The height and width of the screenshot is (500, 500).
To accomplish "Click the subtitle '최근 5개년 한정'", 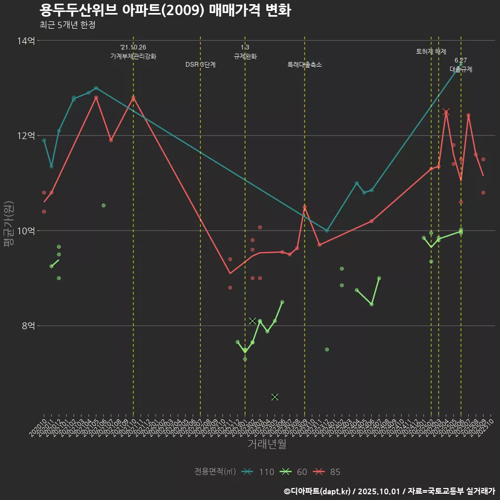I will click(67, 24).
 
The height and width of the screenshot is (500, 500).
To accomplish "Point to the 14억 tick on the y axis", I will click(27, 41).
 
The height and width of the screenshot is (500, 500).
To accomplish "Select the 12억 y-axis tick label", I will click(27, 135).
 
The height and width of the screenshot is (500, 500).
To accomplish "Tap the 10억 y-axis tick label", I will click(27, 231).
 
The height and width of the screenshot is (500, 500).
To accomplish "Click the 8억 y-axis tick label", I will click(28, 326).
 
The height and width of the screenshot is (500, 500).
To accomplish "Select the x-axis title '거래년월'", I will click(266, 444).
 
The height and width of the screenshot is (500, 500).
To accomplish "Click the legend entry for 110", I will click(258, 472).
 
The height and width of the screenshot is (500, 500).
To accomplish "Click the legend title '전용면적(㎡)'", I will click(215, 472).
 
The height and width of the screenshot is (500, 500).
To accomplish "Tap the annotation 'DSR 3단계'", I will click(201, 65).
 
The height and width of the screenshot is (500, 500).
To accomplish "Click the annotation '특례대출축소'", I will click(305, 65).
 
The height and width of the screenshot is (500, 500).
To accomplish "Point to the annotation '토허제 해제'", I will click(431, 52).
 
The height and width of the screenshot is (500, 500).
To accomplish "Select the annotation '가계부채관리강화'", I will click(133, 56).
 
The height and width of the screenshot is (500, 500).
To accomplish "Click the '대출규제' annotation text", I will click(461, 69).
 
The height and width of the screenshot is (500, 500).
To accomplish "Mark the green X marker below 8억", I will click(275, 397).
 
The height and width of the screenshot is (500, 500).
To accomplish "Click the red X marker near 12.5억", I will click(446, 112).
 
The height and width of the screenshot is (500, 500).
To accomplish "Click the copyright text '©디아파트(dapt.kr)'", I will click(317, 491).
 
